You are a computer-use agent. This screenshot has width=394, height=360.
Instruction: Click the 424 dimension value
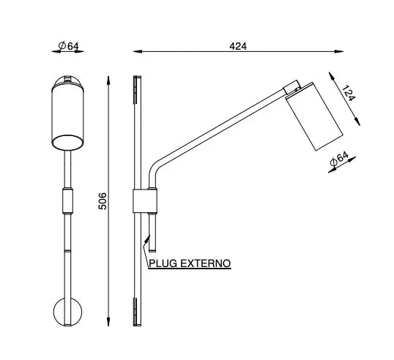point(238,46)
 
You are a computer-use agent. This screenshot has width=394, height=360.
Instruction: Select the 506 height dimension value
point(103,201)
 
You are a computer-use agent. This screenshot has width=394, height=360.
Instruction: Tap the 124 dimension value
point(349,93)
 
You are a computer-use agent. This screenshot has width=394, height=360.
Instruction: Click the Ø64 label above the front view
point(69,46)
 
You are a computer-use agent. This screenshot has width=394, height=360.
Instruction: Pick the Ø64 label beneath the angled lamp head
point(339,160)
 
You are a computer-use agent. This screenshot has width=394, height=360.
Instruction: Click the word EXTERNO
point(206,263)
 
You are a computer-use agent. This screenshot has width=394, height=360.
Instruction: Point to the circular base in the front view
point(67,312)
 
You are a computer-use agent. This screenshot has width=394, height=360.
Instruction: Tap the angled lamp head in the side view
point(315,116)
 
